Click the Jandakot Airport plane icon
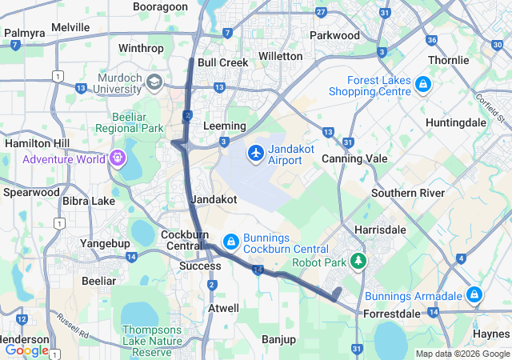256,152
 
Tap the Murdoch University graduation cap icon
154,82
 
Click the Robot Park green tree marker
360,261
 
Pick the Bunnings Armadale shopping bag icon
474,294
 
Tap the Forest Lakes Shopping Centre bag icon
422,85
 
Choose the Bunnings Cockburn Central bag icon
230,241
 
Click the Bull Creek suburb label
218,62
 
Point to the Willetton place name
280,57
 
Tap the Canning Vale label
354,158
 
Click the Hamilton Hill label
36,142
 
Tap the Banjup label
278,339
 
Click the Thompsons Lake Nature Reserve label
152,341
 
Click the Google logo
26,350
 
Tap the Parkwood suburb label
334,35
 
